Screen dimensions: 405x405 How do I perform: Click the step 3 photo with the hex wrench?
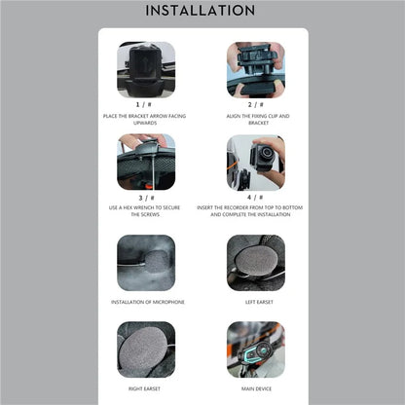click(x=146, y=162)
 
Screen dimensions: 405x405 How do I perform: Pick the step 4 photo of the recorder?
click(x=255, y=162)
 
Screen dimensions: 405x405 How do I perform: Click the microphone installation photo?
click(x=146, y=262)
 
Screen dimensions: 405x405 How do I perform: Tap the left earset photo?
click(x=255, y=262)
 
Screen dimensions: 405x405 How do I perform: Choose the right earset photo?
click(x=146, y=349)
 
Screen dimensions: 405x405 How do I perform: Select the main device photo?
click(x=255, y=349)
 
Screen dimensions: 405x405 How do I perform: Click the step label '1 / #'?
click(x=146, y=103)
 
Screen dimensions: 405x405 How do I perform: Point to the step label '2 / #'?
click(x=255, y=103)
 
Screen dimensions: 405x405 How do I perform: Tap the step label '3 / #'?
click(x=146, y=197)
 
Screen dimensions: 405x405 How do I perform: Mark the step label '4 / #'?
click(x=255, y=197)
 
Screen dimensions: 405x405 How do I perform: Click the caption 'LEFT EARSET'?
click(x=255, y=302)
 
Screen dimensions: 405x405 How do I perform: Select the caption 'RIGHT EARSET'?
click(x=146, y=387)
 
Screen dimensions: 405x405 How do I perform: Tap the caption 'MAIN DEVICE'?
click(x=255, y=387)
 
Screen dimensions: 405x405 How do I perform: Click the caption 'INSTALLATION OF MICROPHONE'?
click(x=146, y=302)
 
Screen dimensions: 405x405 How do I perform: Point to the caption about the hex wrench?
click(x=146, y=211)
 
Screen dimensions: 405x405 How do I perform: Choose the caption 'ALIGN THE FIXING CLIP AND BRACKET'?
click(x=255, y=119)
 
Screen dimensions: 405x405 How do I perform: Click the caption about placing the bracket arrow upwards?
click(x=146, y=119)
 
